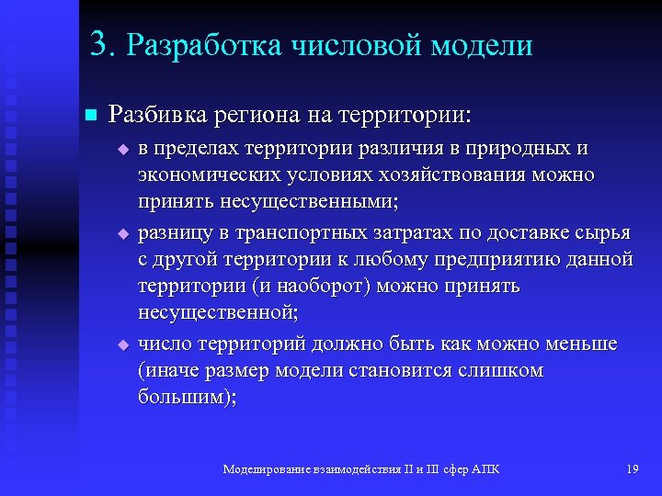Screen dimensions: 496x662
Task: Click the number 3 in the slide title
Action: click(99, 45)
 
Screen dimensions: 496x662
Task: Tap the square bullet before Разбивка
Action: click(89, 115)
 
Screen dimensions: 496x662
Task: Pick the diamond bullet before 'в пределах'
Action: click(121, 148)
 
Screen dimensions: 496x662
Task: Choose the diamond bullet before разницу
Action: click(121, 234)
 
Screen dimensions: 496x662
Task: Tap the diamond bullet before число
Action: click(121, 344)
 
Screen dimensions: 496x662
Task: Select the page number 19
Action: click(631, 470)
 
